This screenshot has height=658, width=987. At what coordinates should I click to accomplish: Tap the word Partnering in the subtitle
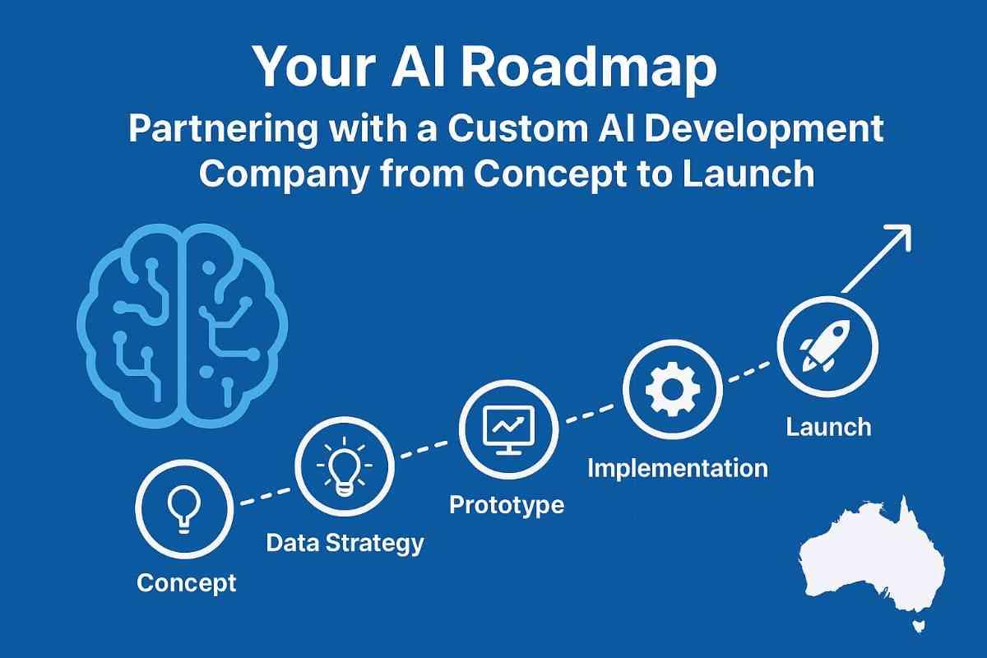(x=223, y=130)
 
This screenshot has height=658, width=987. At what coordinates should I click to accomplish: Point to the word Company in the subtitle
(x=285, y=175)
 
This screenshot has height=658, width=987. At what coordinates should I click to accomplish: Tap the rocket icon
(x=825, y=345)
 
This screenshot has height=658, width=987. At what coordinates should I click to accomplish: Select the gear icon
(x=673, y=390)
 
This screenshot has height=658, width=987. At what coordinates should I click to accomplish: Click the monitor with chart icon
(x=509, y=430)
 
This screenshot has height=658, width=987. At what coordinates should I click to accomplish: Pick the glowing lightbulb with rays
(x=345, y=466)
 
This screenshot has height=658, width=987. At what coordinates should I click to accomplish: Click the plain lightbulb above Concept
(x=184, y=508)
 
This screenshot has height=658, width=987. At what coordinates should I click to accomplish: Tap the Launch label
(x=829, y=427)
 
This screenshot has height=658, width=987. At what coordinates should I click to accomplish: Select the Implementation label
(x=678, y=468)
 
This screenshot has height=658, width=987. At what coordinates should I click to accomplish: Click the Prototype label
(x=507, y=506)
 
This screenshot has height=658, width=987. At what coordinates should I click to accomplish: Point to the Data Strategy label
(x=345, y=544)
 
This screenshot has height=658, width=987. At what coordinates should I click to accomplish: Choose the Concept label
(x=187, y=583)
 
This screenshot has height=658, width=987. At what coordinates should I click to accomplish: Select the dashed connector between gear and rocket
(x=749, y=372)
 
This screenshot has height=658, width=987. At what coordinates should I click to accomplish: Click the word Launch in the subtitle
(x=748, y=174)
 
